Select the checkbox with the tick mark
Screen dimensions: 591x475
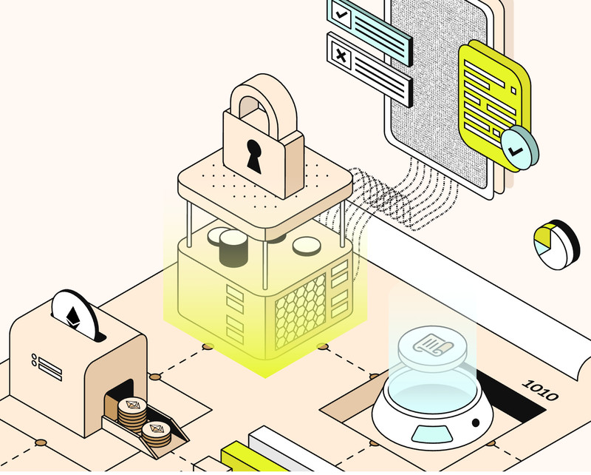click(x=341, y=15)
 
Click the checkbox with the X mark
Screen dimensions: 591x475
click(x=341, y=57)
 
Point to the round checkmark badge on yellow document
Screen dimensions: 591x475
click(x=519, y=148)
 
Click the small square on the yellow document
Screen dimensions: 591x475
click(x=513, y=90)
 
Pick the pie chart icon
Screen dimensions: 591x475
click(x=557, y=244)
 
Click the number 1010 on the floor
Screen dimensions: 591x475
click(x=541, y=390)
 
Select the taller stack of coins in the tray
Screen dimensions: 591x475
click(x=132, y=414)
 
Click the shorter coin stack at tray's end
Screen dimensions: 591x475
click(x=157, y=434)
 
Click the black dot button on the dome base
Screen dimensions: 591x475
click(x=476, y=422)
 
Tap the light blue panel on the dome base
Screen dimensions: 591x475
click(x=432, y=434)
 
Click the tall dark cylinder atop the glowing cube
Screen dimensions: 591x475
click(x=233, y=249)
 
